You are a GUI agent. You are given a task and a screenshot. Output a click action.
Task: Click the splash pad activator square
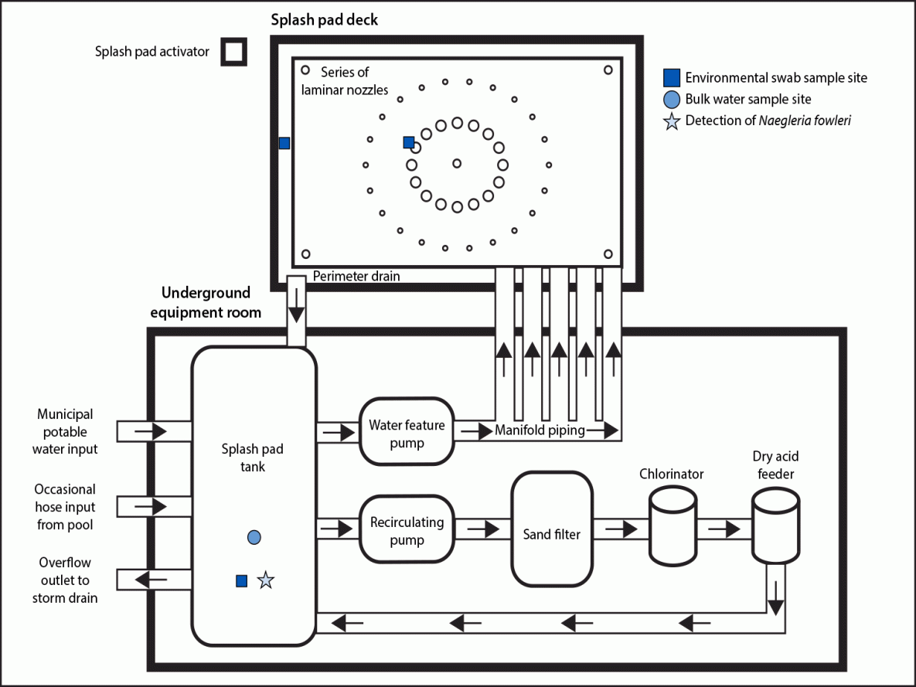(x=234, y=53)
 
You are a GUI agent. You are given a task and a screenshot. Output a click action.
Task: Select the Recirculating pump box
(x=407, y=530)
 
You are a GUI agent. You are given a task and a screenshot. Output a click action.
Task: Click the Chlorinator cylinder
(x=672, y=527)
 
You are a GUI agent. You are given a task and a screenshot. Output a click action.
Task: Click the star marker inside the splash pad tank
(x=265, y=580)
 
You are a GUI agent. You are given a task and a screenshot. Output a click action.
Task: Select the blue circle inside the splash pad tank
(x=254, y=537)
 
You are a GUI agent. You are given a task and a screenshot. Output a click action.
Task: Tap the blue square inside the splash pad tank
(x=241, y=580)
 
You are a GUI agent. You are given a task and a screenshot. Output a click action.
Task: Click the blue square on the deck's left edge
(x=284, y=143)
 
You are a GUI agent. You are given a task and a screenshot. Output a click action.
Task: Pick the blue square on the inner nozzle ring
(x=409, y=142)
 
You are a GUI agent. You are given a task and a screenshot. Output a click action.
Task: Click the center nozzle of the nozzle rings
(x=457, y=163)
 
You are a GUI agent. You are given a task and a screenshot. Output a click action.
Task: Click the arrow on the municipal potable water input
(x=154, y=431)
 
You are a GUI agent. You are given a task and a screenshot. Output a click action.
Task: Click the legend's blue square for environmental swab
(x=672, y=77)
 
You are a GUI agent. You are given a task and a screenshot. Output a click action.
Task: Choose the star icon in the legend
(x=672, y=121)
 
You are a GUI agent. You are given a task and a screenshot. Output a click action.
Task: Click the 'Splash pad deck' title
(x=324, y=19)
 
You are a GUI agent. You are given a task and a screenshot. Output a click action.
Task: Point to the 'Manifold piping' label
(x=540, y=430)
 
